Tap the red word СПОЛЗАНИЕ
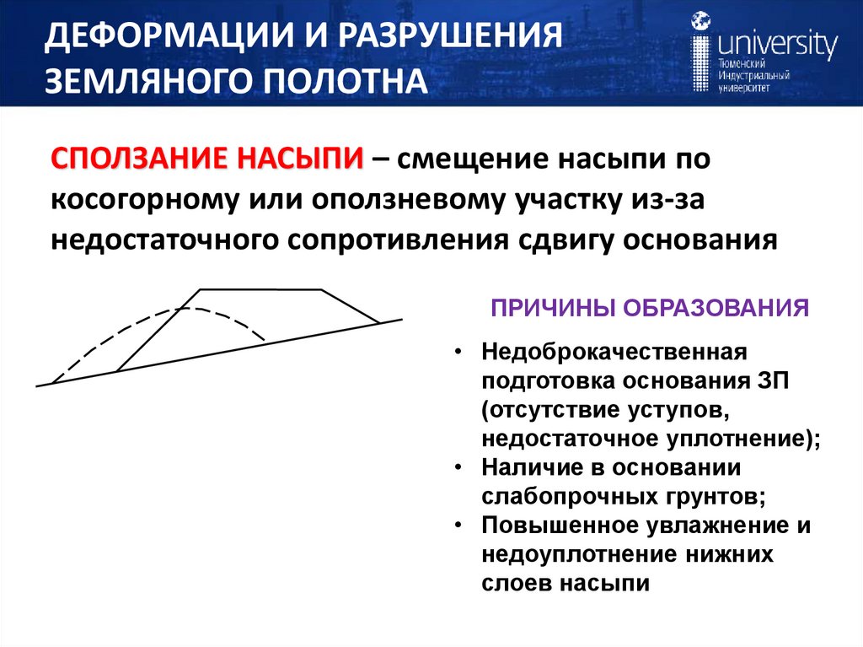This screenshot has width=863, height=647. coord(139,158)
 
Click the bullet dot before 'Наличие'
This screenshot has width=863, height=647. coord(458,466)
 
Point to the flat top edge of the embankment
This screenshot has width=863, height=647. coord(261,289)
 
